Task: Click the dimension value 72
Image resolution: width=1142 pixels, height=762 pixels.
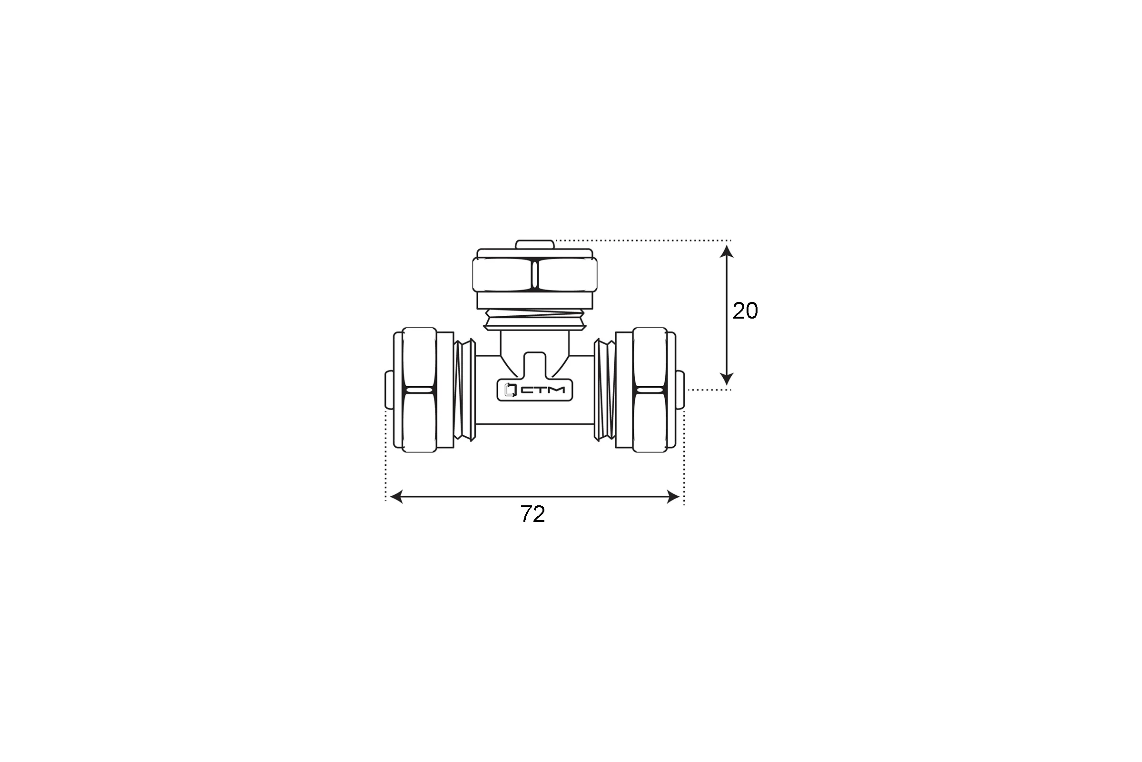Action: (532, 515)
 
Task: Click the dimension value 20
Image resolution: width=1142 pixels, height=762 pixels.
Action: (745, 311)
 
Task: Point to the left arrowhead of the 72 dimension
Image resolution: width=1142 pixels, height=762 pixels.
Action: (396, 497)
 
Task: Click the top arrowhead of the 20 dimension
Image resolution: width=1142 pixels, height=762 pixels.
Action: (727, 251)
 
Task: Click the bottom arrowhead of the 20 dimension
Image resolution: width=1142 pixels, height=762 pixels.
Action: (727, 379)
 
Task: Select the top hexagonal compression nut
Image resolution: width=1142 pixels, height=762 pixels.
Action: (535, 275)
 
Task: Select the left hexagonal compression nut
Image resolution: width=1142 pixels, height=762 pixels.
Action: (420, 390)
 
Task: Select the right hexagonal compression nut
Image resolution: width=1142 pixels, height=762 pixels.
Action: (649, 390)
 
